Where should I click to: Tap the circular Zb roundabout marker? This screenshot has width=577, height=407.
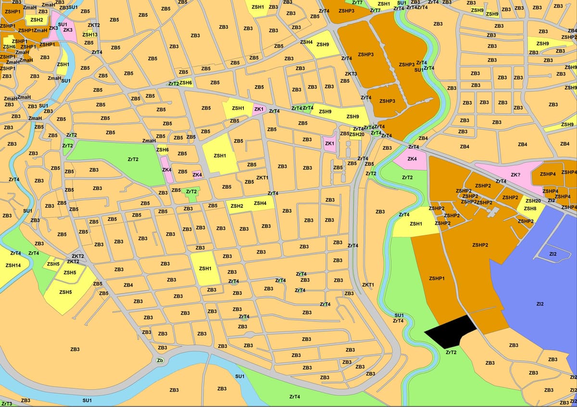coord(160,360)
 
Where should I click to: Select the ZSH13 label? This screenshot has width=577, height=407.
coord(90,35)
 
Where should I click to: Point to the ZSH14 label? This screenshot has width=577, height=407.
coord(13,266)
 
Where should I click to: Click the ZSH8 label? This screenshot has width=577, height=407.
coord(530,208)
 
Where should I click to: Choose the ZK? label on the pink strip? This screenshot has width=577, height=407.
coord(515,175)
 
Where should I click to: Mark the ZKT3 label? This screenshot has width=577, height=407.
coord(351,74)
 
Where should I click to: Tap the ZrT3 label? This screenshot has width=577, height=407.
coord(6,404)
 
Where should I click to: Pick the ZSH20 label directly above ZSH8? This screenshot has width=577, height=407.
coord(533,201)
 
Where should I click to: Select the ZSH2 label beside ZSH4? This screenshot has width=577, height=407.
coord(237,206)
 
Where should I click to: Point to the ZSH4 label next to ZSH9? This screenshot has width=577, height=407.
coord(306,42)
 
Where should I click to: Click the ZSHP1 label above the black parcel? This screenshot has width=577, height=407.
coord(437,279)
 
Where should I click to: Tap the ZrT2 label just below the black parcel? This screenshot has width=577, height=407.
coord(451,353)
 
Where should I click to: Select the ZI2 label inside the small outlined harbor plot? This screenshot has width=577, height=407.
coord(553,254)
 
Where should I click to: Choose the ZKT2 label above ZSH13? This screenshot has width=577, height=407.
coord(94,25)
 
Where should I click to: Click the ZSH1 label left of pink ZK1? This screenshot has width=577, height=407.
coord(238,108)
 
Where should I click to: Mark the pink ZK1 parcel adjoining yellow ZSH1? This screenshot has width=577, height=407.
coord(259,109)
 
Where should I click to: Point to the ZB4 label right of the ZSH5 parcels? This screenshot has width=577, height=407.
coord(128,285)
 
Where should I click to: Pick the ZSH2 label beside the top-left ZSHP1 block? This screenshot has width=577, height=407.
coord(37,20)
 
